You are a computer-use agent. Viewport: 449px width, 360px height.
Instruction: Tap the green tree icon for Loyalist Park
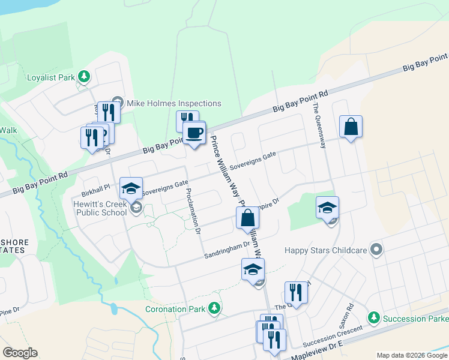[x=85, y=77]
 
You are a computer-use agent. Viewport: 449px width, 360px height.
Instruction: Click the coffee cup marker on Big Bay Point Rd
[x=194, y=133]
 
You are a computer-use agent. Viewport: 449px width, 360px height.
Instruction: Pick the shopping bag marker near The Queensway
[x=351, y=127]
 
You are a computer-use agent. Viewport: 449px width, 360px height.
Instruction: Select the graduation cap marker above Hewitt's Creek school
[x=131, y=189]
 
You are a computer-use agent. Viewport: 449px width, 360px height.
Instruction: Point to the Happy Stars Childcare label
[x=327, y=248]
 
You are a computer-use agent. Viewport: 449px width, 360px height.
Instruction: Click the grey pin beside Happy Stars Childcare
[x=376, y=248]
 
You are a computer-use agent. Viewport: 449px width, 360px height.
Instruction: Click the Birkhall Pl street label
[x=96, y=187]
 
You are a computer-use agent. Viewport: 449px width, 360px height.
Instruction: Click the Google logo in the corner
[x=20, y=353]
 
